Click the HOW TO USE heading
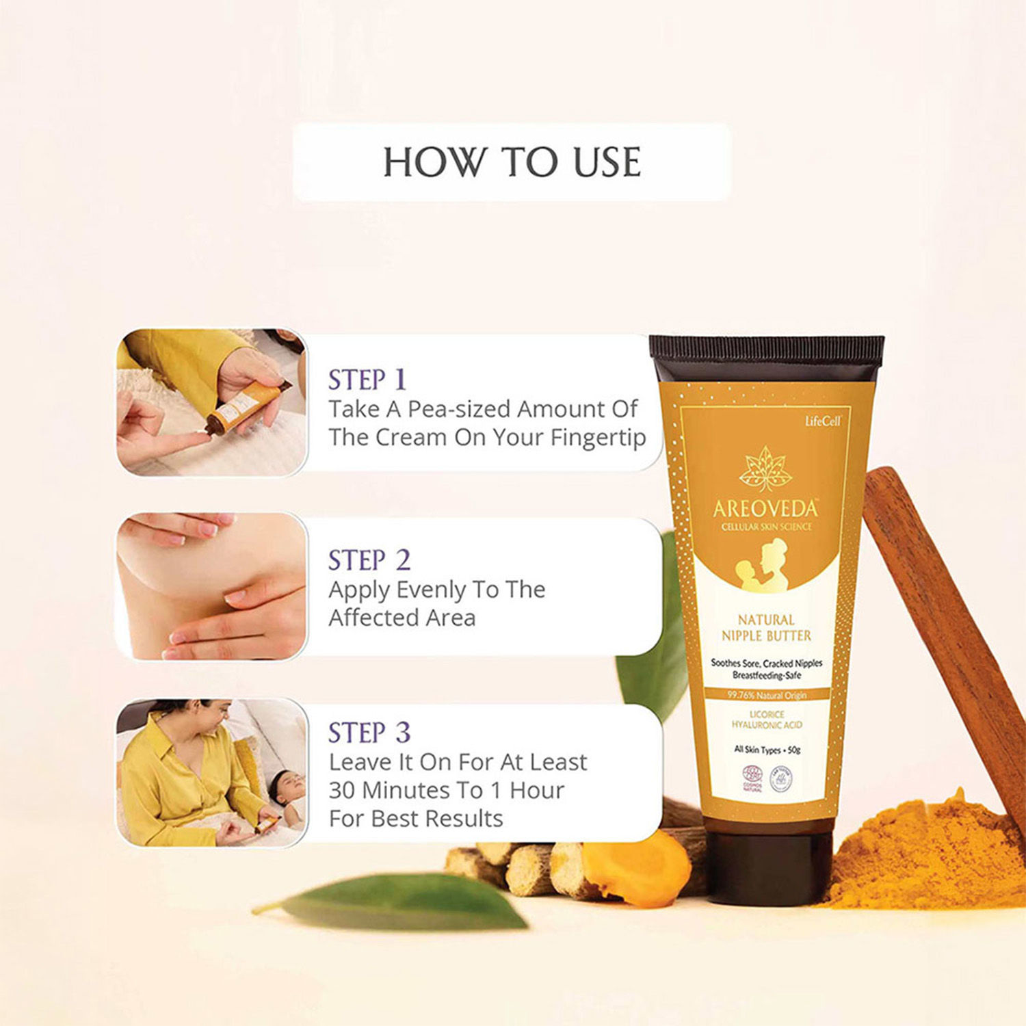(x=512, y=162)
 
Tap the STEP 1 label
(x=367, y=380)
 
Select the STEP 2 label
(x=369, y=560)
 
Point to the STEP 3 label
(x=369, y=733)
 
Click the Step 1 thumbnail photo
(x=211, y=402)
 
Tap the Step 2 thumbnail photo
(x=211, y=586)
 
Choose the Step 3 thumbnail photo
(x=211, y=773)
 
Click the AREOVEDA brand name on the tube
(x=765, y=509)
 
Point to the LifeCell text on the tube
(x=823, y=421)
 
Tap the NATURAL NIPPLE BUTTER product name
(x=766, y=628)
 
